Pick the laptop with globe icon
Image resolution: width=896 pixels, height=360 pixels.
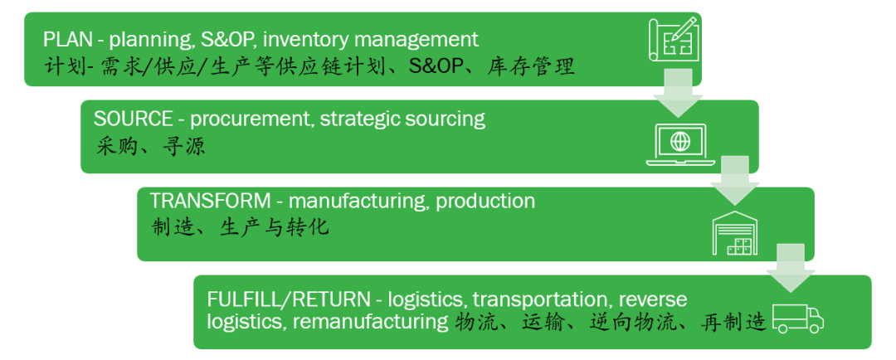[679, 142]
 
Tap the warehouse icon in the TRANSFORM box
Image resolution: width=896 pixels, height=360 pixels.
[736, 233]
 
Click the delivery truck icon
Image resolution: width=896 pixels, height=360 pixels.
[797, 318]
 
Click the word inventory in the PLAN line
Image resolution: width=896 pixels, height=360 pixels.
[302, 39]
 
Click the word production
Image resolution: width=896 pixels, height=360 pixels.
[485, 201]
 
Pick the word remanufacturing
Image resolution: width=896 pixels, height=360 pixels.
[370, 322]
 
